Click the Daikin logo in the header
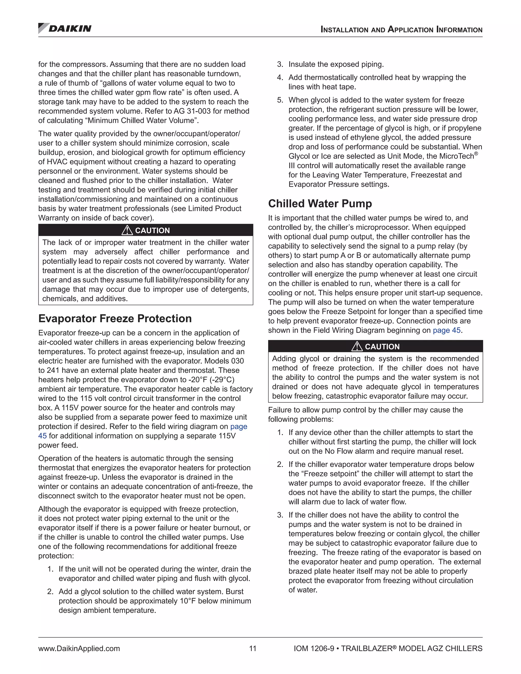[65, 28]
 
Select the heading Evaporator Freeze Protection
[115, 318]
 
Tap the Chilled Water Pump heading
[320, 204]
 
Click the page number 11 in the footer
[253, 648]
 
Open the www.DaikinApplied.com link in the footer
[79, 648]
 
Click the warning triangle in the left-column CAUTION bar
[127, 230]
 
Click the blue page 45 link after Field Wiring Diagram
[446, 330]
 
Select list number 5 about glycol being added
[280, 100]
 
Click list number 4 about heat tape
[280, 78]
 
